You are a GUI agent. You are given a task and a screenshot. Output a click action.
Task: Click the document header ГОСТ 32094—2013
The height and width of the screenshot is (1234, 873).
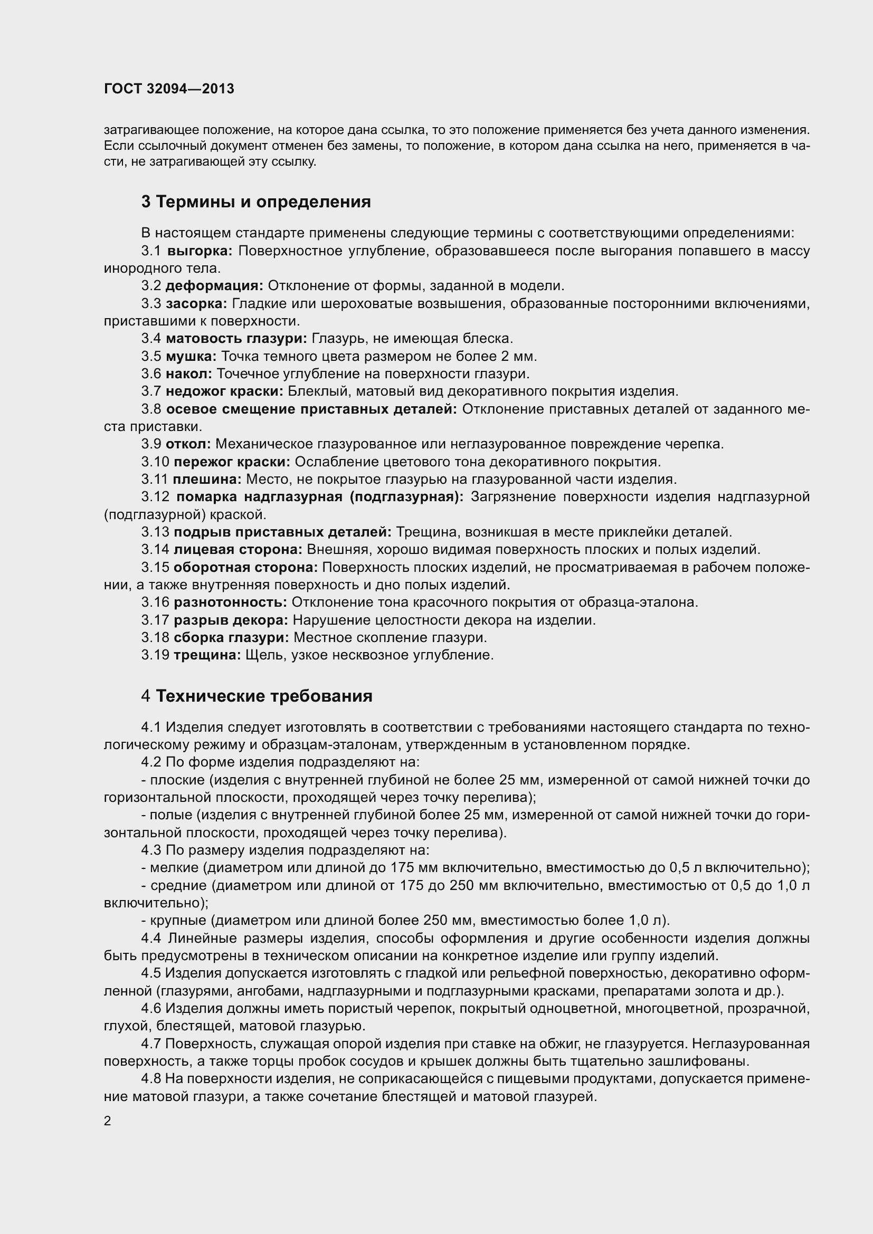(x=169, y=89)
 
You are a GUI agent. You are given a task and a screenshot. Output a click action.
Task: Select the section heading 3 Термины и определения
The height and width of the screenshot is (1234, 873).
(x=256, y=202)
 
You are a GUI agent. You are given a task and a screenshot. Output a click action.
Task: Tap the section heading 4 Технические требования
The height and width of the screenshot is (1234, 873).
(x=257, y=696)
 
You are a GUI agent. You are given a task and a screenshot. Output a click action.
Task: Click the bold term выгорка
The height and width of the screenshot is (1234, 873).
(x=200, y=251)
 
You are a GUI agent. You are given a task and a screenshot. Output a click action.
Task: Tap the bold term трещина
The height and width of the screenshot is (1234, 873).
(x=207, y=655)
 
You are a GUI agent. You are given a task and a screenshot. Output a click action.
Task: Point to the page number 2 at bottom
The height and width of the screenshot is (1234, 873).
(x=108, y=1121)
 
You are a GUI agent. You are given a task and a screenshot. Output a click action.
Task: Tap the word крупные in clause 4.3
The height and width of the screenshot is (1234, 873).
(x=178, y=921)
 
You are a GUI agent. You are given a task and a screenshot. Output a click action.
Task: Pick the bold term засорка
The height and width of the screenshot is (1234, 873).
(x=196, y=304)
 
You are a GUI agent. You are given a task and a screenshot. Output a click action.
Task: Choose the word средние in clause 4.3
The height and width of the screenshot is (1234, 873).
(x=178, y=885)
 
